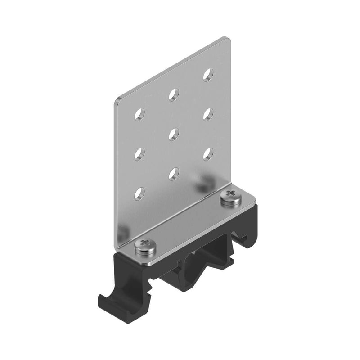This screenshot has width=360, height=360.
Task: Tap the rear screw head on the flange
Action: click(231, 196)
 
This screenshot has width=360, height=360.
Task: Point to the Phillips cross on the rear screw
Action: click(231, 194)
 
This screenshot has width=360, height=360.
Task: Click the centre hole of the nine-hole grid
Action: click(174, 133)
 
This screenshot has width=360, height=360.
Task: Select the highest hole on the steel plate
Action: click(208, 74)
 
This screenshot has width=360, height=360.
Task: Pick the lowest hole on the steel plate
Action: click(139, 193)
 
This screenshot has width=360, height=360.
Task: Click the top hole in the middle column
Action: click(174, 94)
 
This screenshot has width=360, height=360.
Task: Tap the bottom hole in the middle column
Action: click(174, 173)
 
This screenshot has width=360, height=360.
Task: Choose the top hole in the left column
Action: click(139, 114)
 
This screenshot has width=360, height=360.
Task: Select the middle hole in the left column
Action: click(139, 154)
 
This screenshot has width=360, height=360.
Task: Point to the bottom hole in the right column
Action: click(208, 153)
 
